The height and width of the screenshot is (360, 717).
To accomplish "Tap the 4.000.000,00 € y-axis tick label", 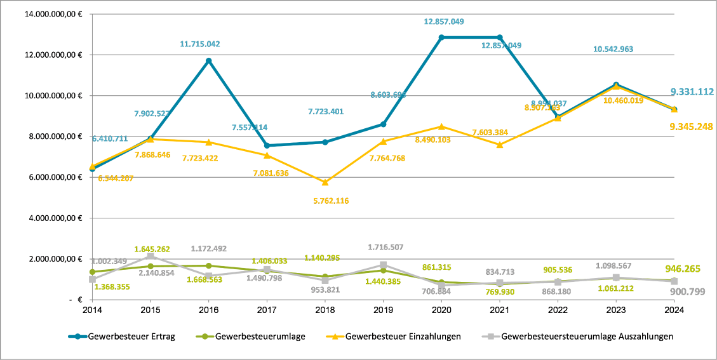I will [54, 218].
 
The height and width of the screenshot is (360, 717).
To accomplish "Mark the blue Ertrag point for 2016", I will [209, 61].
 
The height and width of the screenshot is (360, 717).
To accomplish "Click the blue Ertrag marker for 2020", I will [441, 37].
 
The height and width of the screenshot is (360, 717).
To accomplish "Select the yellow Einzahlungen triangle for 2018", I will [325, 182].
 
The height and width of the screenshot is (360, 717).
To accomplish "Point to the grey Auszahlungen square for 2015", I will [151, 256].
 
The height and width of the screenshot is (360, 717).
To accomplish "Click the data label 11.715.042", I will [199, 44].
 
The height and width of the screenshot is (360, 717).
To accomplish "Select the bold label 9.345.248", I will [692, 127].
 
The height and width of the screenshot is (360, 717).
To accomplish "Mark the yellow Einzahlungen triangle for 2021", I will [500, 145].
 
